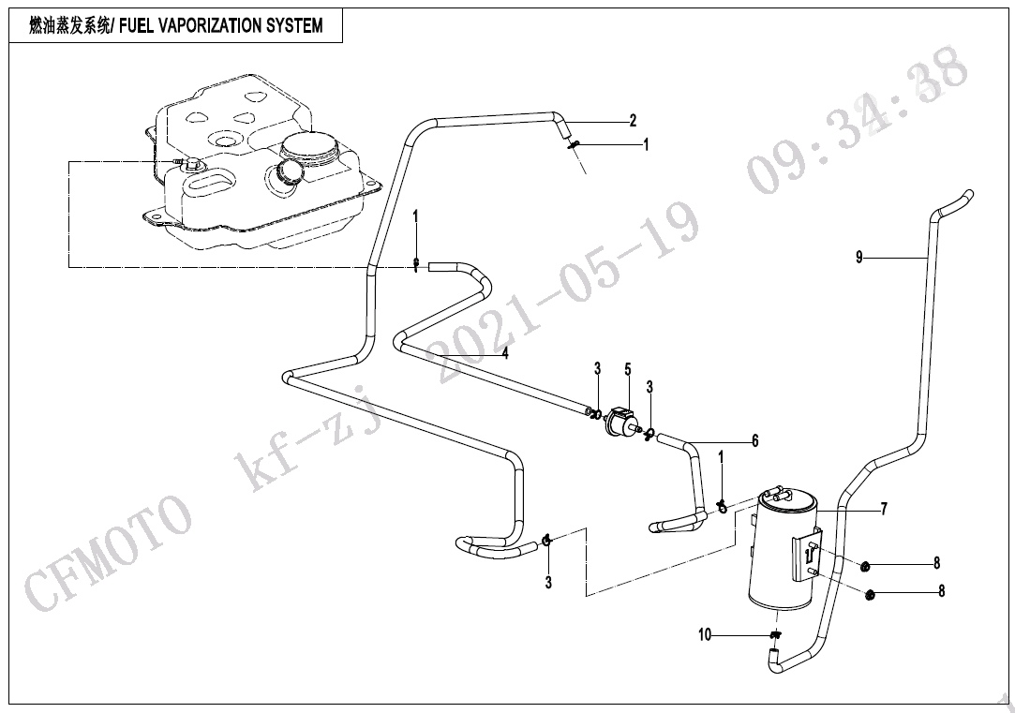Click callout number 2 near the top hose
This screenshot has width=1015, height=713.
[x=633, y=120]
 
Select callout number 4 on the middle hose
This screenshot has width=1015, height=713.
[x=505, y=353]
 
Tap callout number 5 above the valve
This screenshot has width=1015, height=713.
[x=628, y=369]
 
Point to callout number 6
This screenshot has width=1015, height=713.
[x=754, y=441]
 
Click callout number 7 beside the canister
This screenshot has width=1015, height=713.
[x=884, y=509]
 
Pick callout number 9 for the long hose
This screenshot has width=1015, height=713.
[x=859, y=258]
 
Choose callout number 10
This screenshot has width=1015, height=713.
[x=704, y=635]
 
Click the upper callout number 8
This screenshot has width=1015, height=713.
[x=936, y=563]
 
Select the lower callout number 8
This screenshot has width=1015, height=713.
[x=941, y=590]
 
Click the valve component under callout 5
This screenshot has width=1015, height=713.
[x=620, y=422]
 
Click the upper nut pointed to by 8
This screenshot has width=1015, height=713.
[x=865, y=568]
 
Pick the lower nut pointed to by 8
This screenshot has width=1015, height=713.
[x=871, y=593]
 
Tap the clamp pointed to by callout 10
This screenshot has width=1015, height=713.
[x=776, y=634]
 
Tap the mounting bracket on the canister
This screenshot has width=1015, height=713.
[x=807, y=558]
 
